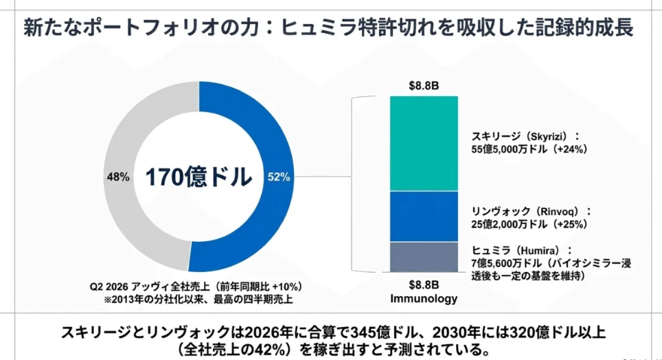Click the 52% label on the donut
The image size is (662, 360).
click(279, 177)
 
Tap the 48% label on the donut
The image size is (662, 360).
click(118, 177)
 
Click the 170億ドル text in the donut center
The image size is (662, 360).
click(198, 177)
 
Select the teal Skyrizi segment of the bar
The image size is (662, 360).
click(424, 144)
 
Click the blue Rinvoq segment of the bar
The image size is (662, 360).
click(424, 216)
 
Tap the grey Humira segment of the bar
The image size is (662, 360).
click(424, 257)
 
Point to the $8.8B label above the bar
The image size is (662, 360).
click(424, 86)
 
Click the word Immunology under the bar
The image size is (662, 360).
click(424, 298)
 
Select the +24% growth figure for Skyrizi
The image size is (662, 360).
click(571, 149)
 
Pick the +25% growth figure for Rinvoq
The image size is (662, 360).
click(571, 224)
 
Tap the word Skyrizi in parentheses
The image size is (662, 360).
click(547, 137)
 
